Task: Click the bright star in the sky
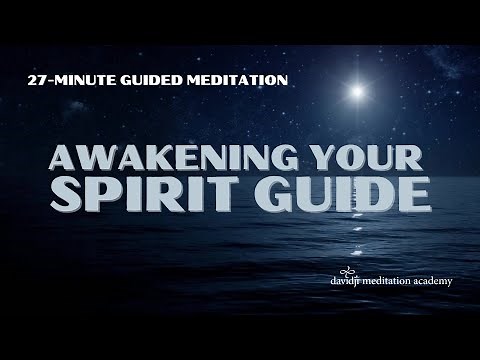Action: [x=357, y=92]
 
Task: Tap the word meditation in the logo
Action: [x=387, y=281]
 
